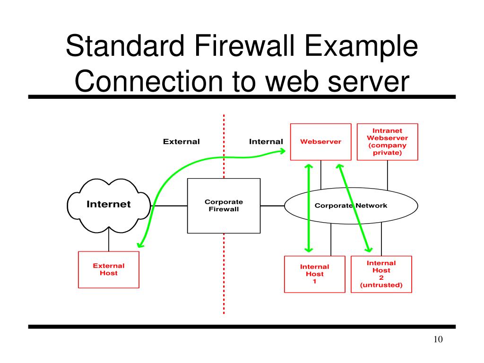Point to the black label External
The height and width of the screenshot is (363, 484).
[x=181, y=142]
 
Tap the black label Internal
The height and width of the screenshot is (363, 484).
[x=266, y=142]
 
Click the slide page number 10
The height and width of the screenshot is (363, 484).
[x=438, y=339]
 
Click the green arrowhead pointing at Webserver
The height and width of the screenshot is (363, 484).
[x=282, y=151]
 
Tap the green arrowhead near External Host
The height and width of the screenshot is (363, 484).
[x=140, y=244]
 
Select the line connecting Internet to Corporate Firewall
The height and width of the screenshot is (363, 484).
[x=169, y=206]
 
